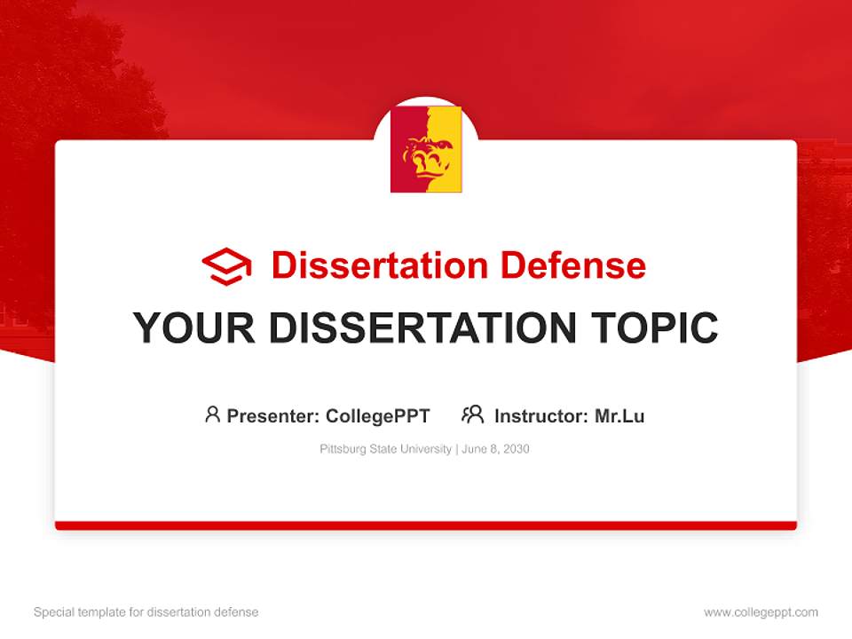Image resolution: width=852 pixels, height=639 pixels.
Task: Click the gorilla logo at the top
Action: click(x=426, y=149)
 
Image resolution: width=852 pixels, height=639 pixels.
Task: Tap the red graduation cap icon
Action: click(x=226, y=266)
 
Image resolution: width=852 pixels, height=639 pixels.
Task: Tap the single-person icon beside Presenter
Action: click(x=212, y=414)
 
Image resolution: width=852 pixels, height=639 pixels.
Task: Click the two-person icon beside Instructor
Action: click(x=472, y=414)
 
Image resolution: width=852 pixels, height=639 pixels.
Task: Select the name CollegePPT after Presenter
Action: click(x=378, y=415)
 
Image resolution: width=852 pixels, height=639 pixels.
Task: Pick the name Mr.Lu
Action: click(x=619, y=415)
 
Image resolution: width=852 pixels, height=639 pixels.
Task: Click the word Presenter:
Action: click(x=273, y=415)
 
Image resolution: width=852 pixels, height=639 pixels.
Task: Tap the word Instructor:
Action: click(x=541, y=415)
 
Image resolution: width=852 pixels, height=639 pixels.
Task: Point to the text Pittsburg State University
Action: click(x=385, y=449)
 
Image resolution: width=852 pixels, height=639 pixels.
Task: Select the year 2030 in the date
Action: click(x=515, y=449)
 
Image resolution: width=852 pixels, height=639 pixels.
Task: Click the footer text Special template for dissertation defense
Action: click(x=146, y=612)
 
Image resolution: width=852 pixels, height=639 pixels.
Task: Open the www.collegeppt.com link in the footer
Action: click(x=761, y=612)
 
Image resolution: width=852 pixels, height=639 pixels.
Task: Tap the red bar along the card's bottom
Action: click(x=426, y=525)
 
